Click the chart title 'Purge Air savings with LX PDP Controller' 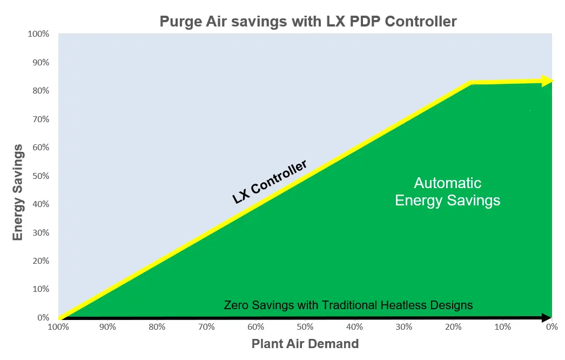[308, 22]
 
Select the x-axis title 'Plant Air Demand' [305, 343]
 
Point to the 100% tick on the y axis [38, 34]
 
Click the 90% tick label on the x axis [107, 327]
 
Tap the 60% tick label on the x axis [255, 327]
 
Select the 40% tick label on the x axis [354, 327]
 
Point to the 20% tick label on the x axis [453, 327]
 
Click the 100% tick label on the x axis [58, 327]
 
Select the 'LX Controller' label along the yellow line [270, 182]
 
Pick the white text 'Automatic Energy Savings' [448, 191]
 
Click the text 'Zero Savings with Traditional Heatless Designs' [348, 305]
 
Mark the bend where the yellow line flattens [471, 83]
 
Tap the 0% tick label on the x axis [551, 327]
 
